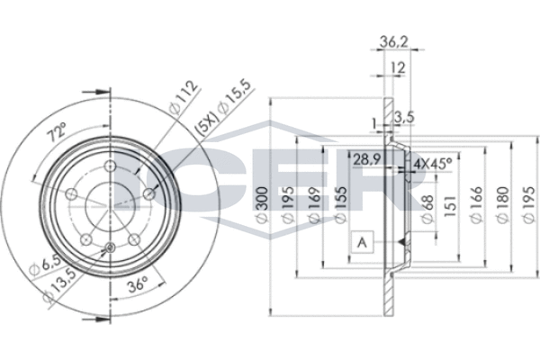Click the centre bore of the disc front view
coord(109,201)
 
